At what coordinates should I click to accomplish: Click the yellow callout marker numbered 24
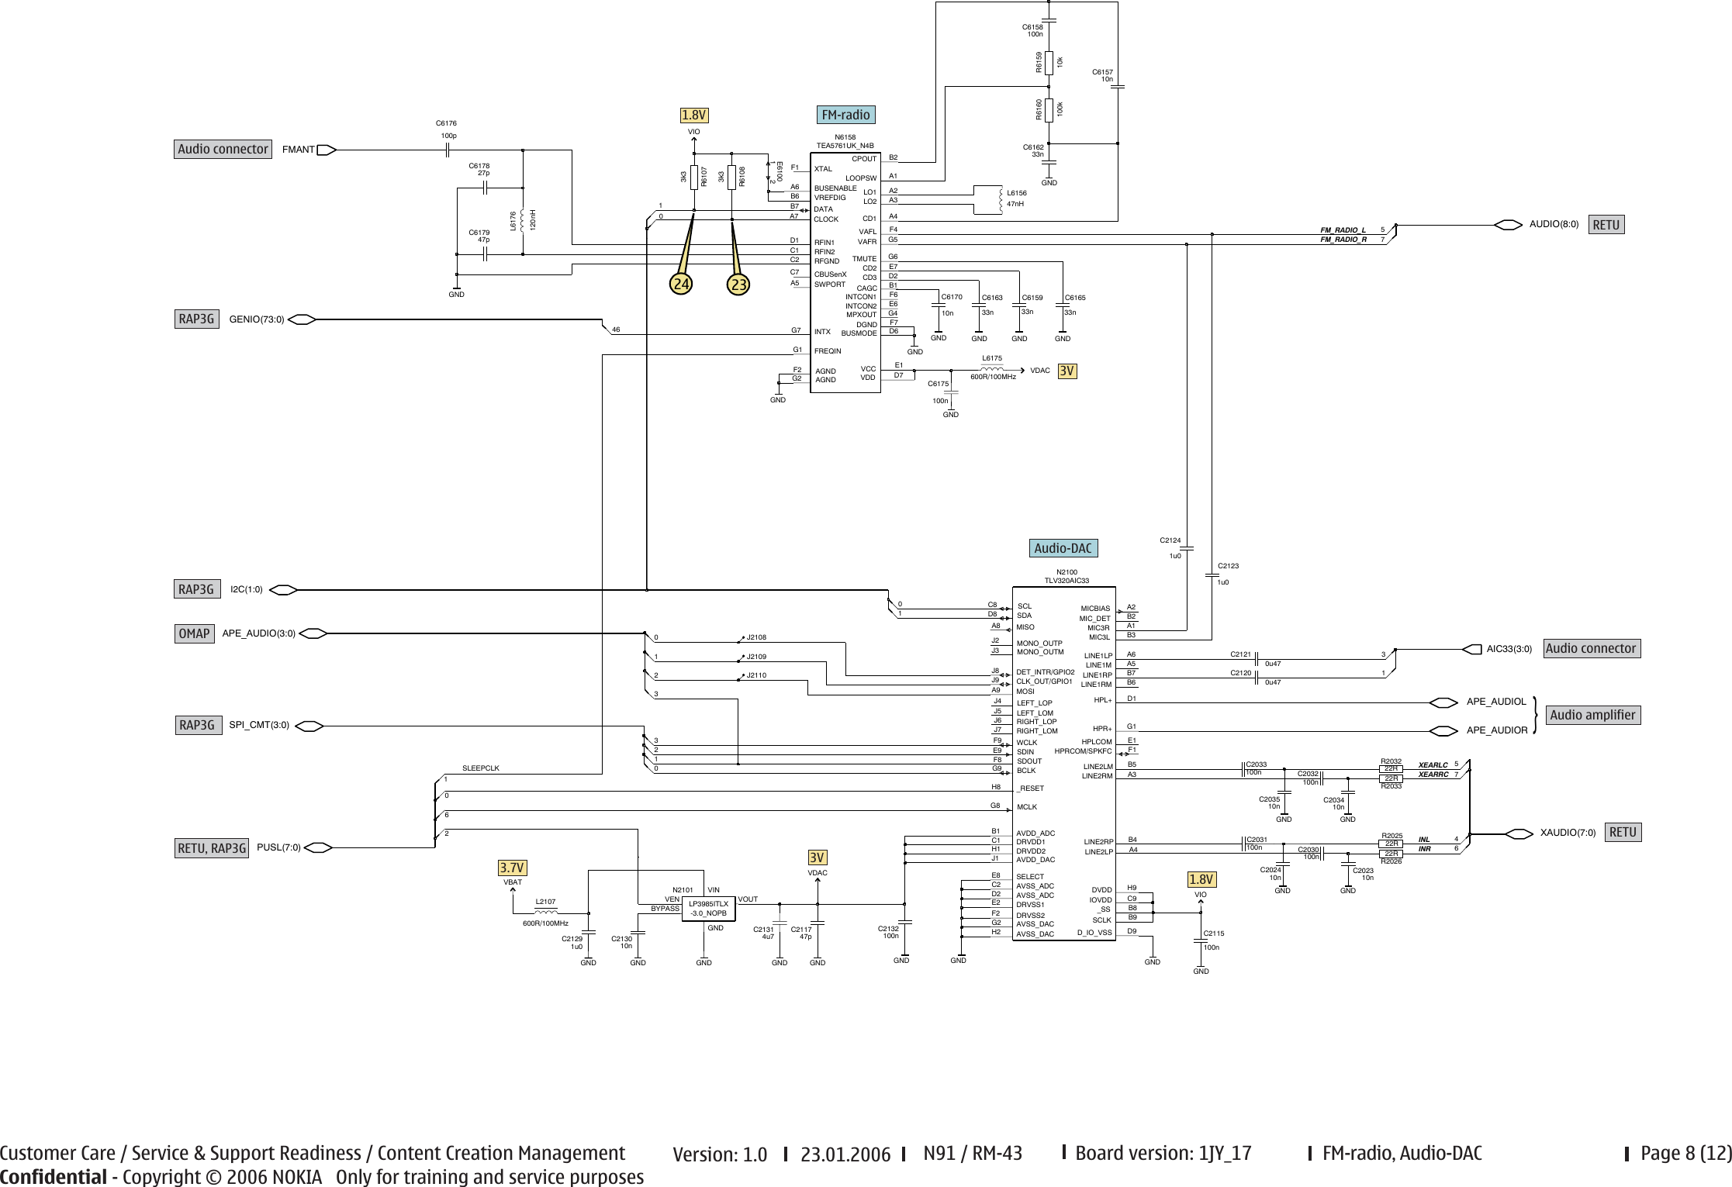[682, 285]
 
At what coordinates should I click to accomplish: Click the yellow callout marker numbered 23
[738, 285]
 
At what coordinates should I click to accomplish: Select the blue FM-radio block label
[845, 115]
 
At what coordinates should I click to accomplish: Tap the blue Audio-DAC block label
[1063, 548]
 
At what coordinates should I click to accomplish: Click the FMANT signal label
[299, 150]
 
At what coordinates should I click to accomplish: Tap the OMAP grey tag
[194, 633]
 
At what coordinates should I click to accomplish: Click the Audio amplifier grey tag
[1592, 715]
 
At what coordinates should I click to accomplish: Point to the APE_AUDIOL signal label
[1496, 702]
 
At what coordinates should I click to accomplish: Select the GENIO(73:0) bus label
[257, 319]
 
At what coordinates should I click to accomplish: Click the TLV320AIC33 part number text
[1067, 581]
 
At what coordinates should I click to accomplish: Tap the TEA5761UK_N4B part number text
[845, 145]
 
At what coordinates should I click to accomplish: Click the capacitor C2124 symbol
[1187, 548]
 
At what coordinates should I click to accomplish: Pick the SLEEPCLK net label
[481, 768]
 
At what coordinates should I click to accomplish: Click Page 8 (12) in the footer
[1684, 1153]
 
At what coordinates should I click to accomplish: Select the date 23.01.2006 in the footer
[845, 1154]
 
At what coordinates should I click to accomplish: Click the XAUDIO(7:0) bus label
[1568, 833]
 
